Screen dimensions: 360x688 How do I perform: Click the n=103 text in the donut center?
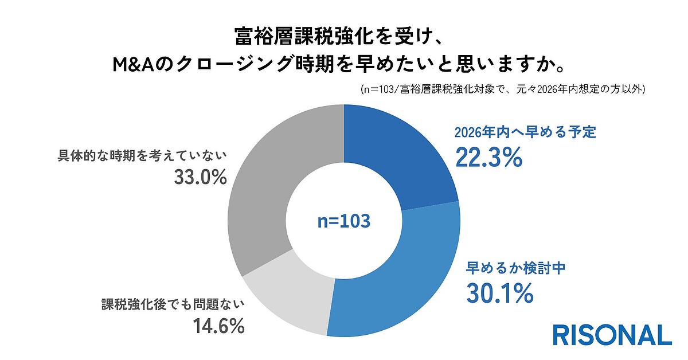(x=344, y=221)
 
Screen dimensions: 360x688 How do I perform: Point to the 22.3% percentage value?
(x=488, y=158)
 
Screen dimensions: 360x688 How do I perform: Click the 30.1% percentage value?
(x=499, y=294)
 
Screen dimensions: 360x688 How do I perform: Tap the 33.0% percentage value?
(x=200, y=178)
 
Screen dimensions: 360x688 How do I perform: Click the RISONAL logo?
(x=612, y=335)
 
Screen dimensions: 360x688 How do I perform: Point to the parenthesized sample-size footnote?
(x=503, y=89)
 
